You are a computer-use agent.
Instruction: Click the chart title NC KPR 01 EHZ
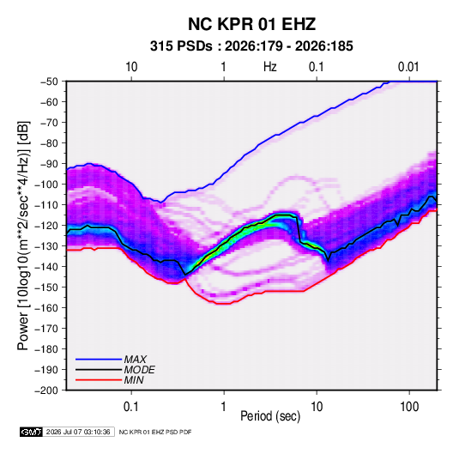[251, 24]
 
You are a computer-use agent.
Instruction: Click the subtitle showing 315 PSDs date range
[251, 46]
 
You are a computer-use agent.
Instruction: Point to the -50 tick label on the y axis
[49, 82]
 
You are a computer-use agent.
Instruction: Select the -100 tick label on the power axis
[46, 185]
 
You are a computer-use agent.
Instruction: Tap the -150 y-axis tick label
[46, 288]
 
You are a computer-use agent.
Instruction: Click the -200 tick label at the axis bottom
[46, 390]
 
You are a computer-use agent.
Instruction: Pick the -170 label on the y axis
[46, 329]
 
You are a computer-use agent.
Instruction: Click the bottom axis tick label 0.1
[131, 407]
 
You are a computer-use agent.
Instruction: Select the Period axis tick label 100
[409, 407]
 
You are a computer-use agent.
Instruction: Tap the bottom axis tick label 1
[224, 407]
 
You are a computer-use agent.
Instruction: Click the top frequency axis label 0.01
[408, 67]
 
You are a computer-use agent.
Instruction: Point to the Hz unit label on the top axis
[270, 67]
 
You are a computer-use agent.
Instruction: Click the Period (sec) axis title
[270, 416]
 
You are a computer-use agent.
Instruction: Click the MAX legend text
[135, 360]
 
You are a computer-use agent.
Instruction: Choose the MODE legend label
[139, 370]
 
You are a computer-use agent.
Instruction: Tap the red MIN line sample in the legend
[99, 380]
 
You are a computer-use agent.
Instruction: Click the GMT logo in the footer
[32, 432]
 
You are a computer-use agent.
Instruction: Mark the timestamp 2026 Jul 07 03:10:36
[78, 432]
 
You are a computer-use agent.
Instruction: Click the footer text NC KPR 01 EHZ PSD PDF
[155, 432]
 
